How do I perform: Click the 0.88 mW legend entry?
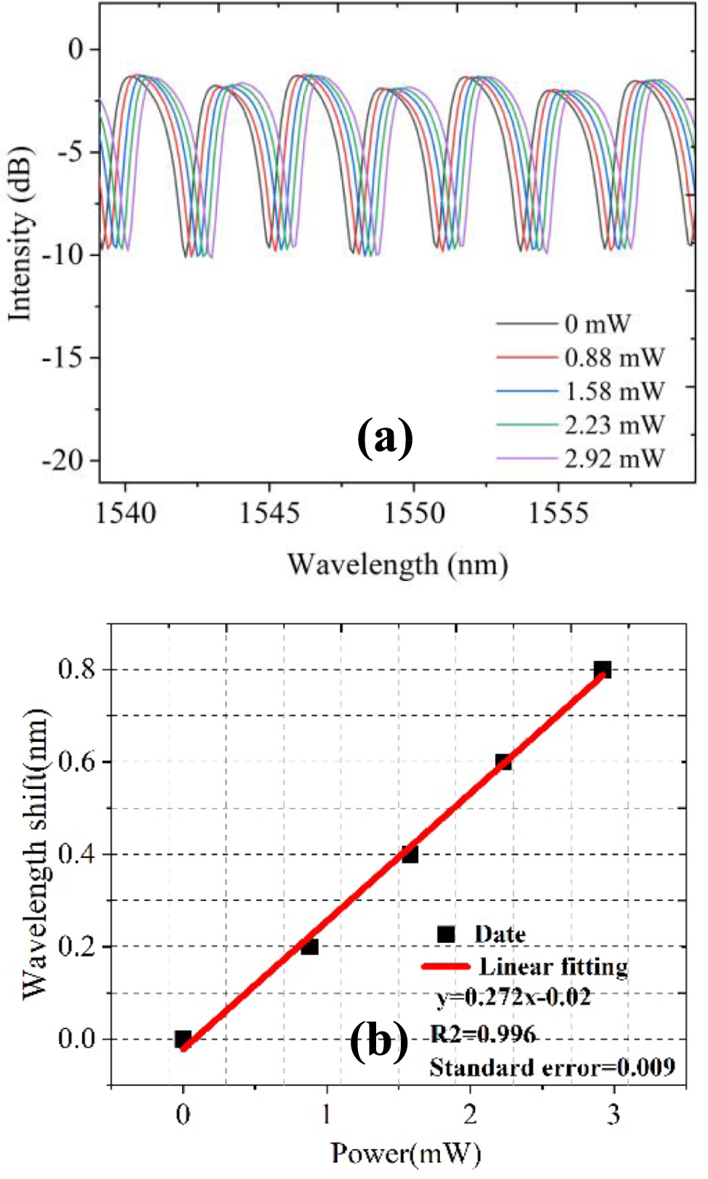tap(614, 357)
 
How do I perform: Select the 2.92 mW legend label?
tap(614, 459)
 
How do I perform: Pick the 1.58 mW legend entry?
tap(614, 391)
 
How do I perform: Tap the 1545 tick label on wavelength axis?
tap(269, 514)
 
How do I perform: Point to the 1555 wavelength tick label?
tap(558, 514)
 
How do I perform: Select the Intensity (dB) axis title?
tap(20, 233)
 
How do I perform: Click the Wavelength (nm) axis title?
tap(397, 565)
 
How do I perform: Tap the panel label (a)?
tap(385, 438)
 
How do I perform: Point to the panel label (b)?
tap(379, 1043)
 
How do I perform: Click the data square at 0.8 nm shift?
tap(602, 669)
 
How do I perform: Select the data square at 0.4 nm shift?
tap(410, 854)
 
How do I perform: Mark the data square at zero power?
tap(183, 1039)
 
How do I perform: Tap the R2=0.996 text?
tap(483, 1033)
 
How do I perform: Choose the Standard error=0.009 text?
tap(552, 1067)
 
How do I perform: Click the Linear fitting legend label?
tap(553, 966)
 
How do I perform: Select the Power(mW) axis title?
tap(405, 1152)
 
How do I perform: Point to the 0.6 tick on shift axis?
tap(77, 762)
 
